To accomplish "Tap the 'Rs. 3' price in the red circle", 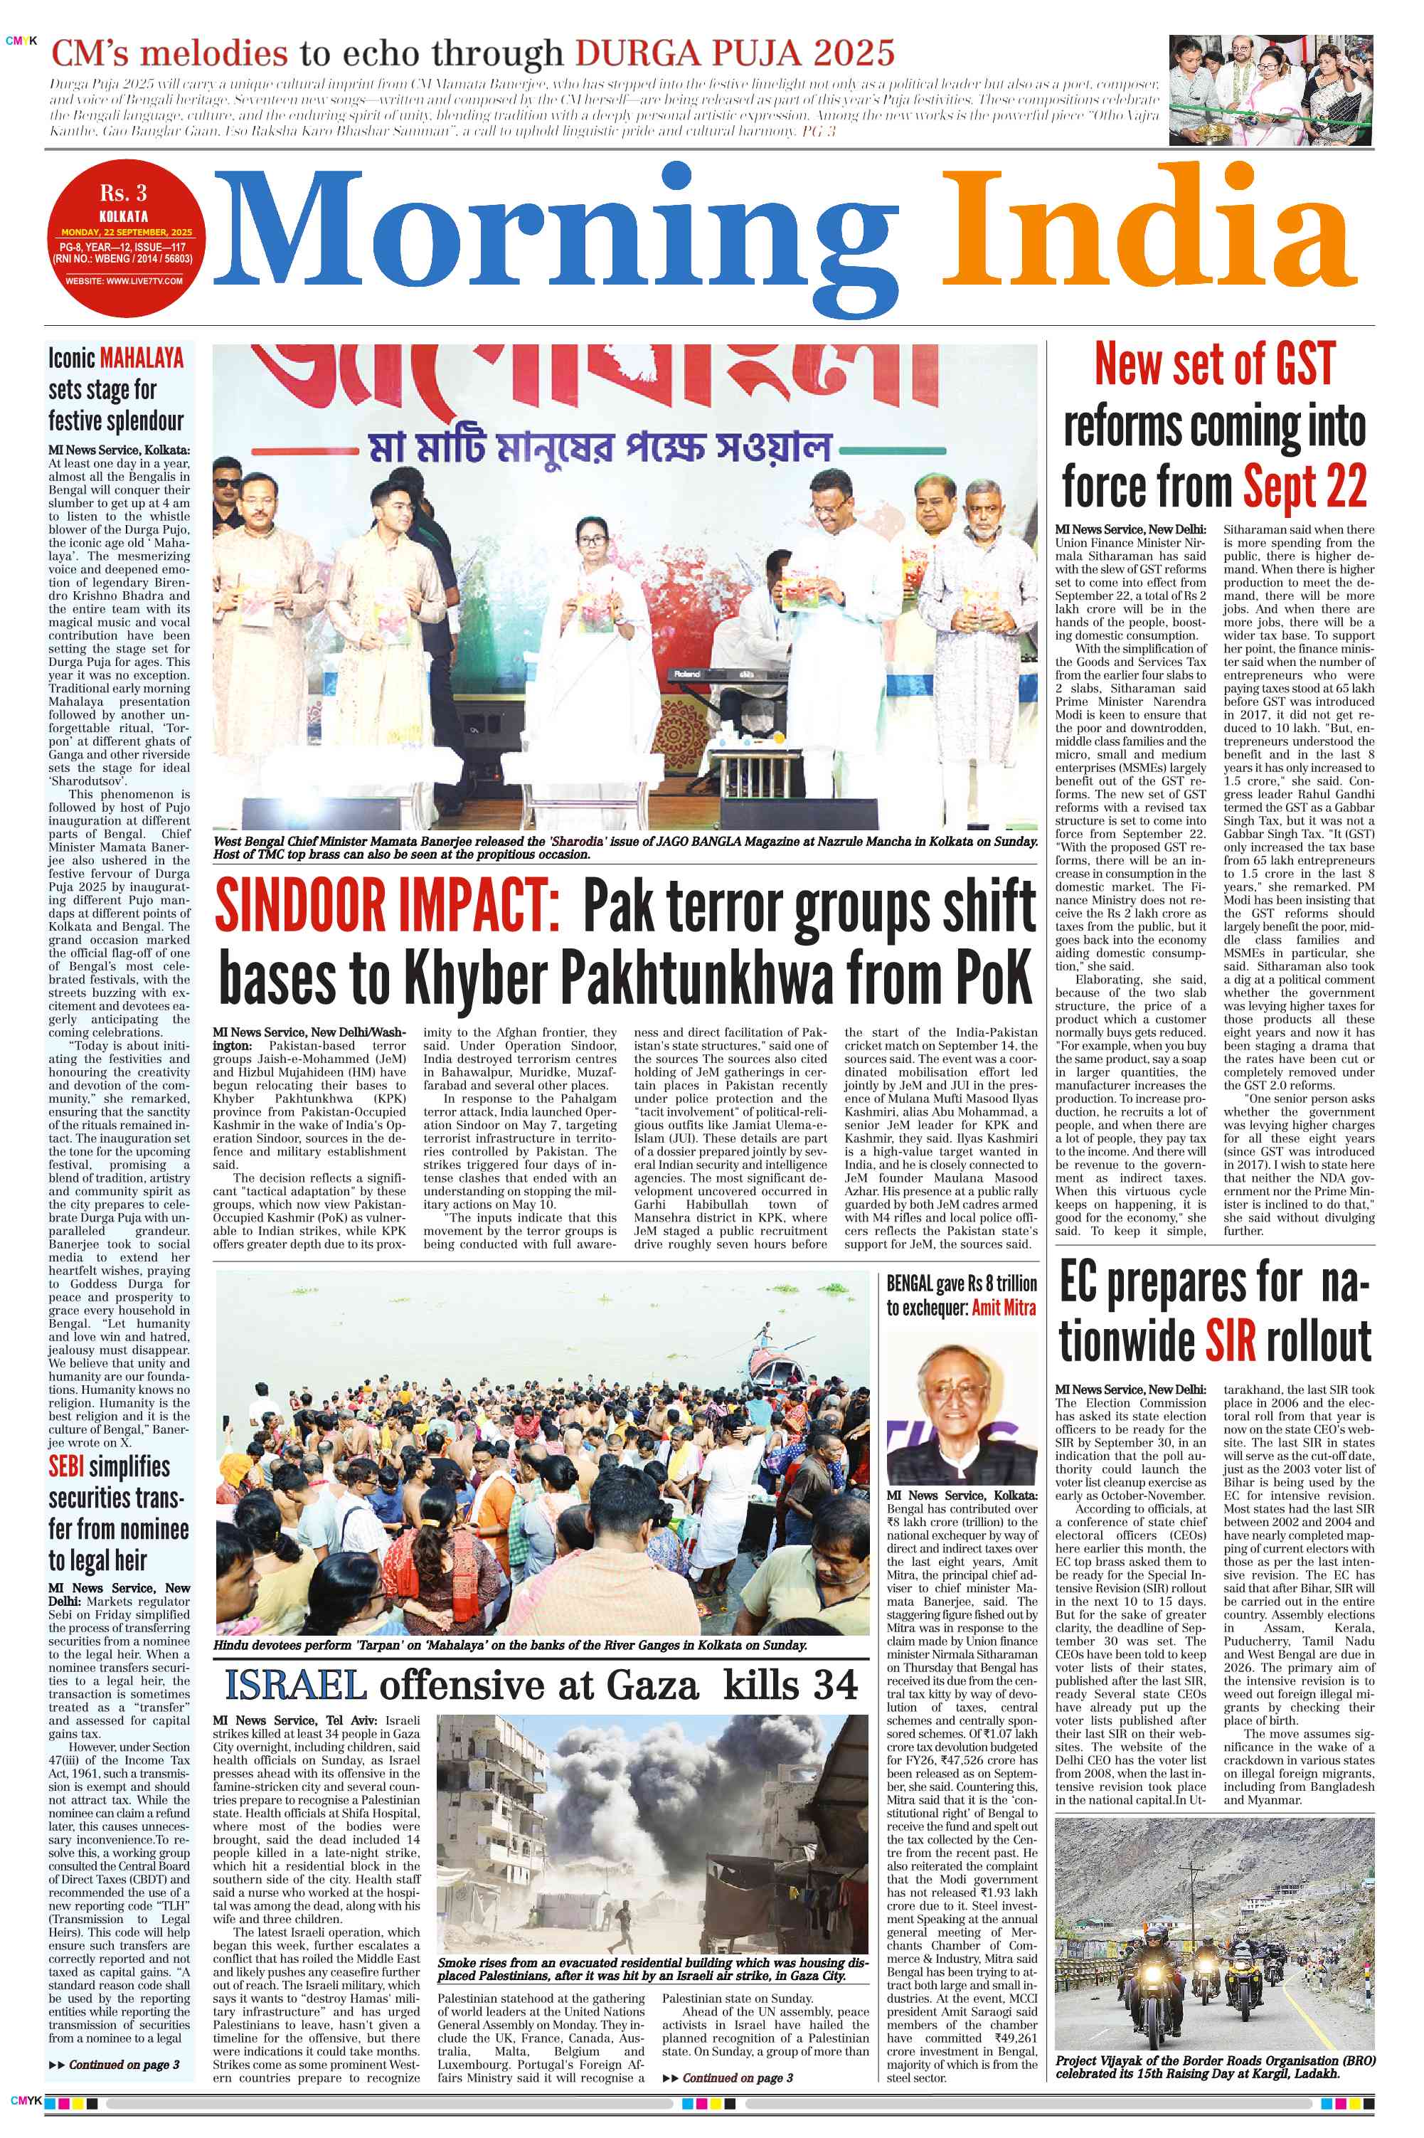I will click(x=124, y=194).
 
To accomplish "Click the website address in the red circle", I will click(x=124, y=280).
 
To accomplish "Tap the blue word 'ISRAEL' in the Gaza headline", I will click(x=296, y=1685).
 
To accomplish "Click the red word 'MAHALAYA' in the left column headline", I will click(x=142, y=358).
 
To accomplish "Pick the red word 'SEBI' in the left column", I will click(x=65, y=1467).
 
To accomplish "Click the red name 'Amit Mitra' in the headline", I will click(x=1004, y=1307).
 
